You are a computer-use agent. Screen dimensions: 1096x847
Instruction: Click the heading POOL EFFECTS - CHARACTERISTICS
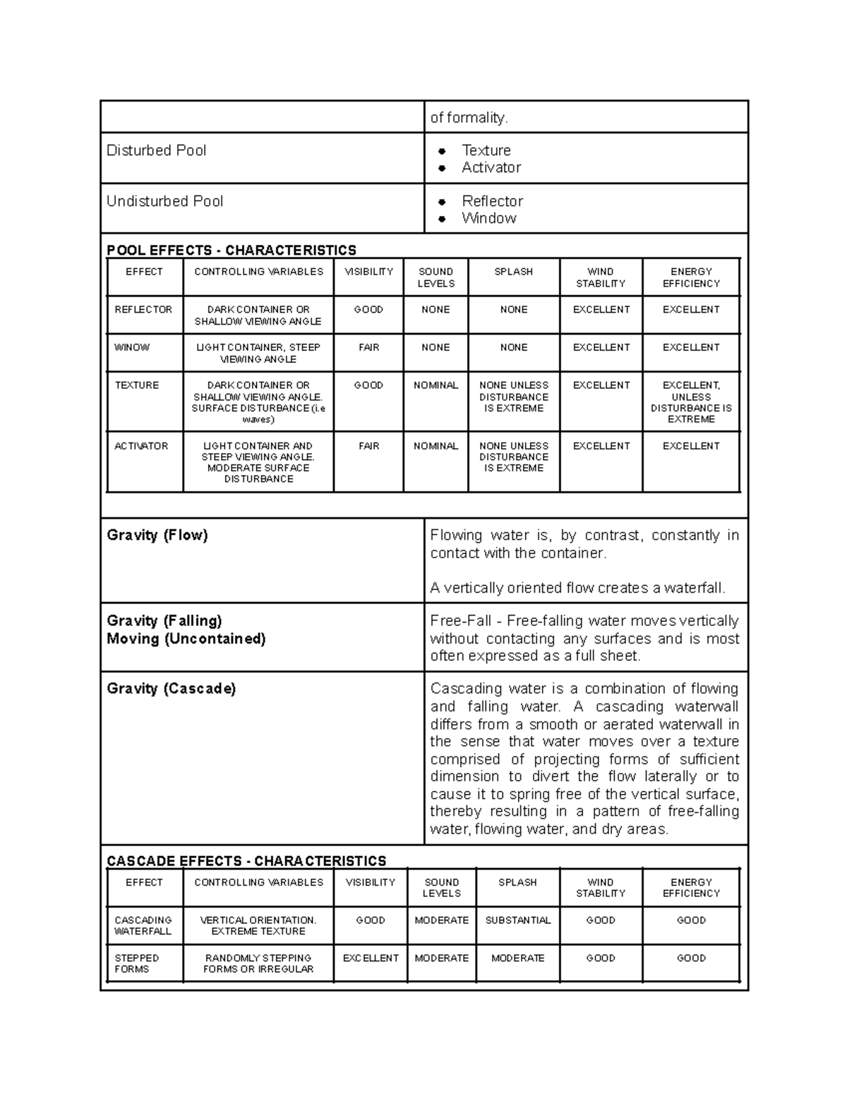click(x=231, y=251)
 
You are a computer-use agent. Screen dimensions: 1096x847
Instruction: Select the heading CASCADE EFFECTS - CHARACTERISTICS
click(x=246, y=861)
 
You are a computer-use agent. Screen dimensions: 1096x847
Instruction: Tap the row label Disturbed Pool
click(x=156, y=150)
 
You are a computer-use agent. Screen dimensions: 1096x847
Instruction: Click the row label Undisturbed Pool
click(x=164, y=201)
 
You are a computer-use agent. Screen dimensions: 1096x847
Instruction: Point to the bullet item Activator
click(x=491, y=167)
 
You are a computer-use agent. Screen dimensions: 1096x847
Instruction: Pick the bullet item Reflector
click(x=492, y=201)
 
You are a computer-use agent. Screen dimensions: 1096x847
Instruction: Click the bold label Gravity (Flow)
click(x=157, y=535)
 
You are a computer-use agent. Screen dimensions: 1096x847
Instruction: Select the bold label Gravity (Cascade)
click(x=171, y=688)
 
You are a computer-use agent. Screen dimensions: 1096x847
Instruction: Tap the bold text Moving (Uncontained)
click(x=186, y=639)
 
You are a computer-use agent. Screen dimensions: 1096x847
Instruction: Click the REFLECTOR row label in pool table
click(x=143, y=310)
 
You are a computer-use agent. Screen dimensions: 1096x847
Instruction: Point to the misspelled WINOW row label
click(x=132, y=347)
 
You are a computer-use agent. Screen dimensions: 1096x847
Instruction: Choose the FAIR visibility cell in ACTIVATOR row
click(x=368, y=446)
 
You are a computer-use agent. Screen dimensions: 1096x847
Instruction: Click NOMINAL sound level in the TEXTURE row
click(x=435, y=385)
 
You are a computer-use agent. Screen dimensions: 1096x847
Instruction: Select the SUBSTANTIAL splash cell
click(x=517, y=920)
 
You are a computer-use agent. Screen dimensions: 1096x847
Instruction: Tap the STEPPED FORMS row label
click(x=136, y=963)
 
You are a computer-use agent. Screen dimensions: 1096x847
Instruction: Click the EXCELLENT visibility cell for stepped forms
click(x=371, y=958)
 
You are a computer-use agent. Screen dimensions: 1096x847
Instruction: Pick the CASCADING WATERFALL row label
click(x=143, y=926)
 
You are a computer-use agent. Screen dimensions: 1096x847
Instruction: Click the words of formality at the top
click(x=469, y=118)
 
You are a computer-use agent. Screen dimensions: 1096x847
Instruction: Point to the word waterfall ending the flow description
click(x=697, y=588)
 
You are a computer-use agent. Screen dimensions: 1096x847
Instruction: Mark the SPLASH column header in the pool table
click(x=513, y=272)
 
